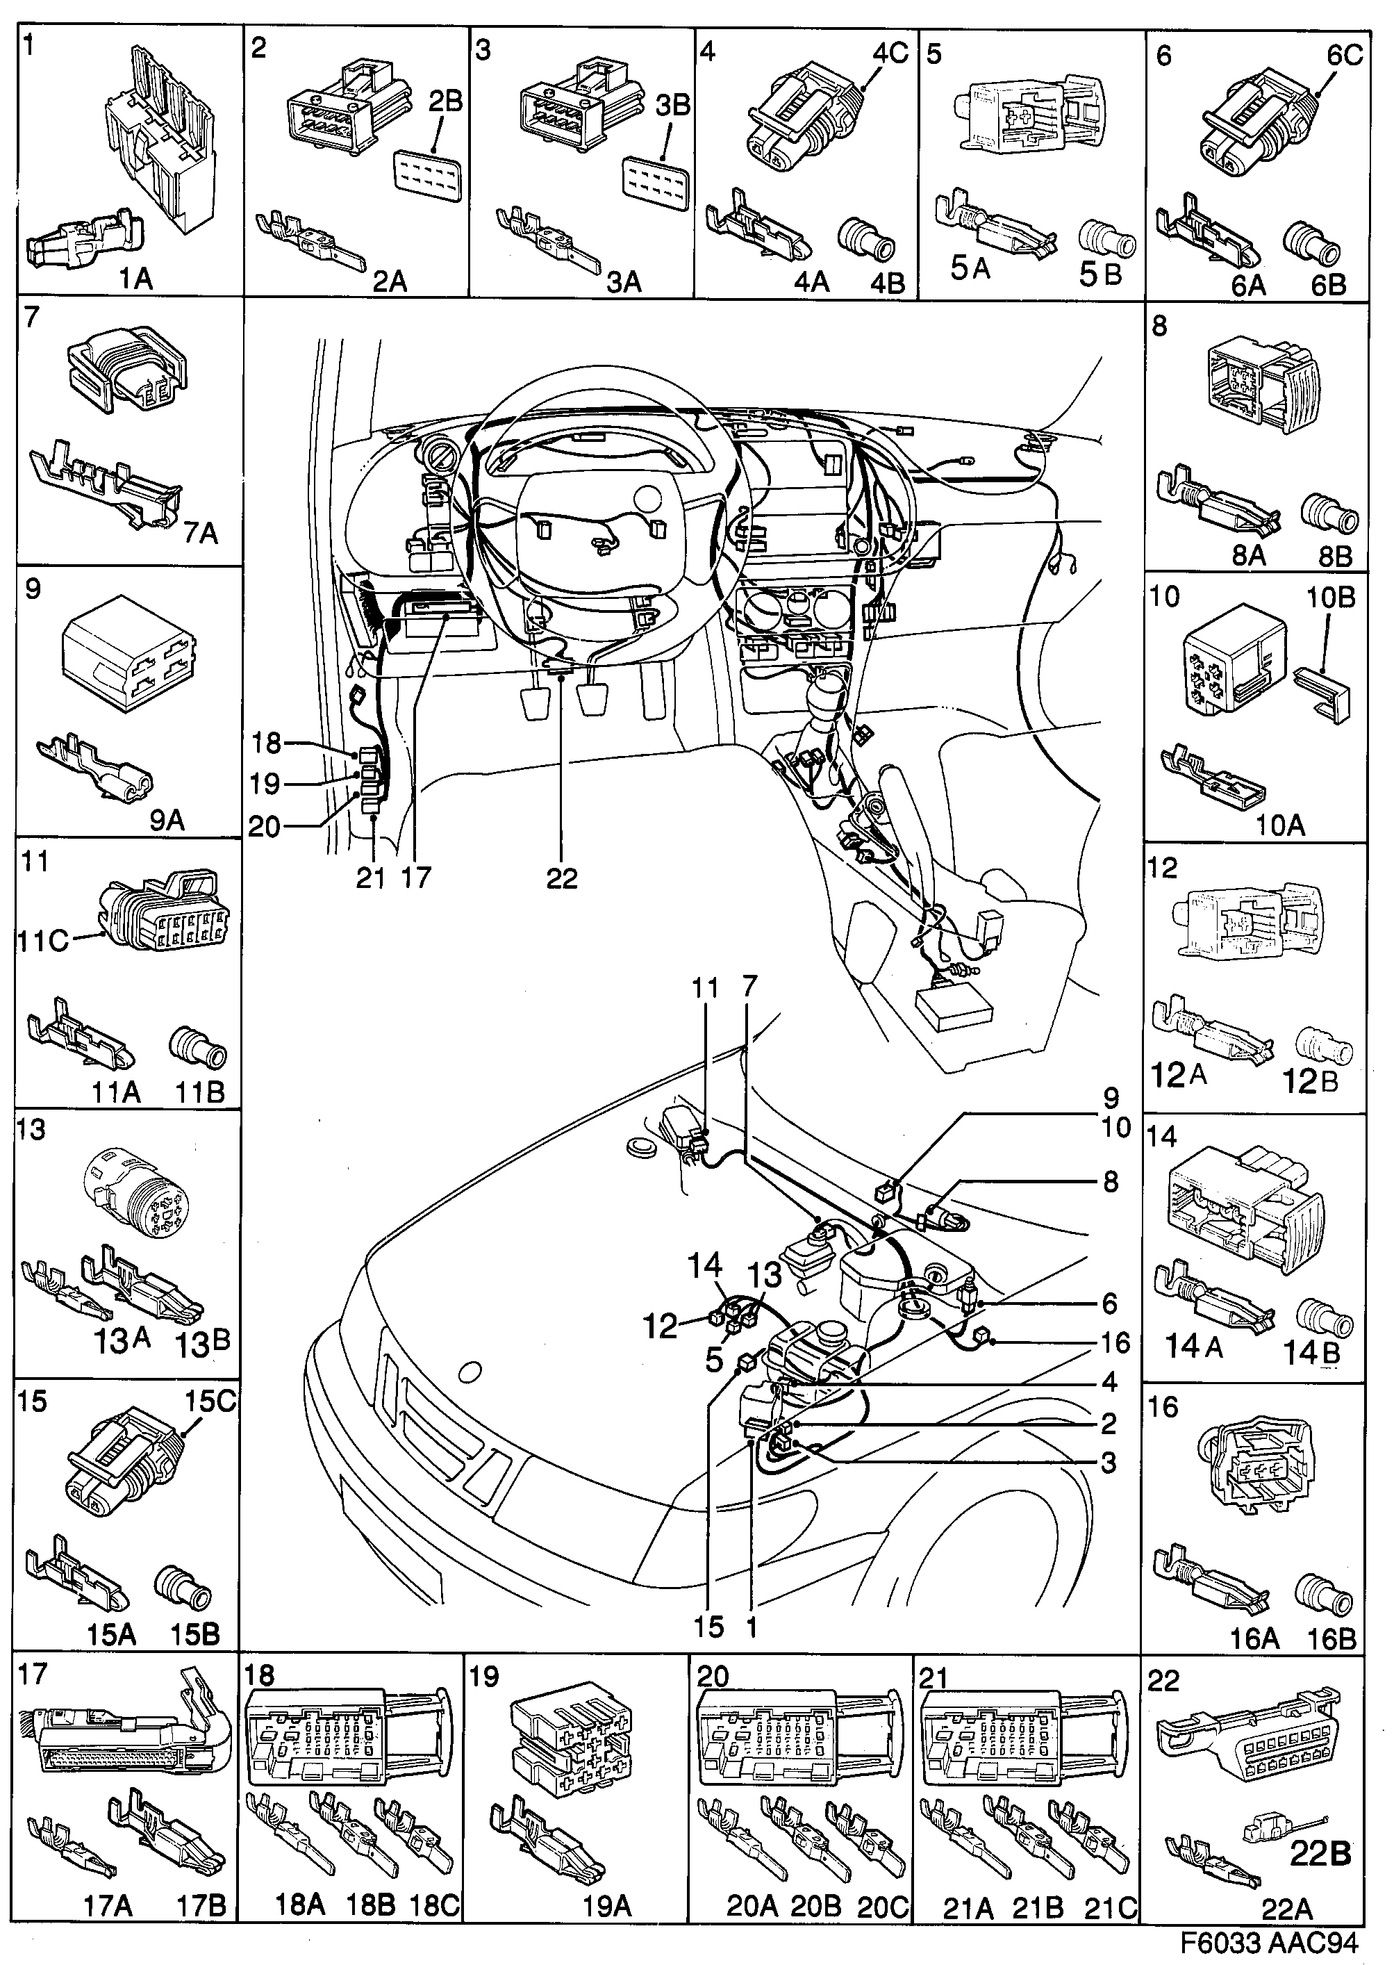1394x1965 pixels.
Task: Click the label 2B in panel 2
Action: point(445,102)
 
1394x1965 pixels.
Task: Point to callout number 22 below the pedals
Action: point(561,878)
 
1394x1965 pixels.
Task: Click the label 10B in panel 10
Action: point(1329,597)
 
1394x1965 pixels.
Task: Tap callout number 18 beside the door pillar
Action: point(266,743)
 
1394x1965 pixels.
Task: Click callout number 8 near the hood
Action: point(1110,1182)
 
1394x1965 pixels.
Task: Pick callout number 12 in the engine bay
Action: point(661,1326)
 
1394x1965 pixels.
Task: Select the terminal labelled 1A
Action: point(81,238)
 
